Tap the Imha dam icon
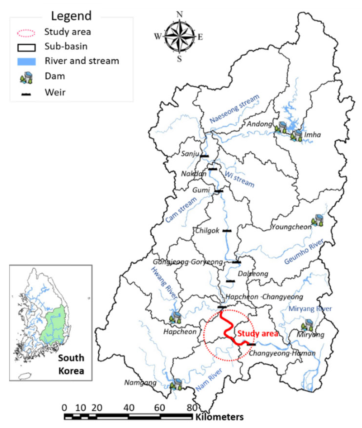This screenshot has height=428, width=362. click(296, 136)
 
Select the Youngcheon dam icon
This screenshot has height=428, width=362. click(318, 220)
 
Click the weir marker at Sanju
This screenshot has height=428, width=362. click(204, 156)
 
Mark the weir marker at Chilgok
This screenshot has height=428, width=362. click(227, 231)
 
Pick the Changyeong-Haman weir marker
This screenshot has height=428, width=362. click(251, 344)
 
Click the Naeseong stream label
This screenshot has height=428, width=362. click(234, 109)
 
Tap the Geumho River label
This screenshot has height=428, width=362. click(304, 252)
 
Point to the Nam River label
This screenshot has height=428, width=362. click(209, 380)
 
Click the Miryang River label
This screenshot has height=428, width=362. click(310, 309)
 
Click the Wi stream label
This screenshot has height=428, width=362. click(239, 179)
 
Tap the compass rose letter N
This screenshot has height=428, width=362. click(179, 14)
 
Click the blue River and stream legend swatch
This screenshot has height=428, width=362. click(26, 62)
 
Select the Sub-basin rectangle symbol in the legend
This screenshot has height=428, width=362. click(26, 47)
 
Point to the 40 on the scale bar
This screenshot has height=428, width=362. click(129, 408)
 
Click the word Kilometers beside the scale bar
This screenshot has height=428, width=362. click(219, 417)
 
